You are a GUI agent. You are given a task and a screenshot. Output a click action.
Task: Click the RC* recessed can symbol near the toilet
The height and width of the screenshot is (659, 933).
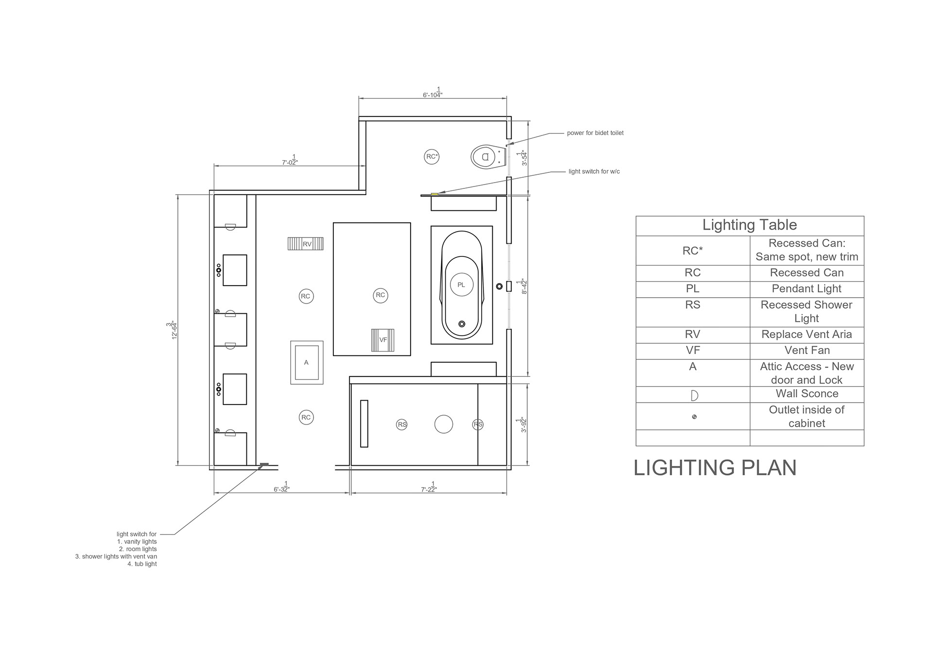point(432,156)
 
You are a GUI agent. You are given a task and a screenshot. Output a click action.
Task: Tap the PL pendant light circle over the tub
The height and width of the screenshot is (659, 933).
point(461,285)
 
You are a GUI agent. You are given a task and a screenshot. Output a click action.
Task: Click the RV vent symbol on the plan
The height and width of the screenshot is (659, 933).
point(306,244)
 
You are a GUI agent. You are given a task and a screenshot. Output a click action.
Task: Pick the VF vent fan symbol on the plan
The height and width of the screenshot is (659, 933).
point(382,340)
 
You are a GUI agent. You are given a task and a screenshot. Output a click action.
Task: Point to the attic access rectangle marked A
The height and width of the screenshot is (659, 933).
point(307,362)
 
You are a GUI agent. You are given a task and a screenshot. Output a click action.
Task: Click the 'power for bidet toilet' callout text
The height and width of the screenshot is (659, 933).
point(595,133)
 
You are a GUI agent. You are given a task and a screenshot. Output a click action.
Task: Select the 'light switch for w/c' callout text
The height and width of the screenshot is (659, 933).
point(594,171)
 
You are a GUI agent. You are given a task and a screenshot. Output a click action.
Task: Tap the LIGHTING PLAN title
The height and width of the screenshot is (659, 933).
point(715,468)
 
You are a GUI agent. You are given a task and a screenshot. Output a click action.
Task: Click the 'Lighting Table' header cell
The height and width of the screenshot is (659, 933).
point(749,225)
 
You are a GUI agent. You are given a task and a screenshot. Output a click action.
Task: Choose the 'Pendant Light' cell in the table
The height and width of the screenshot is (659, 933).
point(806,289)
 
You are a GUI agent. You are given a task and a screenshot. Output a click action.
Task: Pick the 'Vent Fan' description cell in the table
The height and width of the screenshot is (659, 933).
point(807,351)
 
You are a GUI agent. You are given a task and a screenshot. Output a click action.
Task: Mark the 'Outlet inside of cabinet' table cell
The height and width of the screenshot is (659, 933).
point(806,417)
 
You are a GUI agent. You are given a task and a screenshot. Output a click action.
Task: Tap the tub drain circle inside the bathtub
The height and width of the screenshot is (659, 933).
point(462,324)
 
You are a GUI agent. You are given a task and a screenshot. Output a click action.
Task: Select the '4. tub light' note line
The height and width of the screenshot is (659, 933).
point(142,564)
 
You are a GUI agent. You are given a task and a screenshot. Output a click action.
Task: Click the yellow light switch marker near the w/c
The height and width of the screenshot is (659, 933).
point(434,194)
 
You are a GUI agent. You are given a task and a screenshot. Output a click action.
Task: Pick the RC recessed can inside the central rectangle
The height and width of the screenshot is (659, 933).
point(380,295)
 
